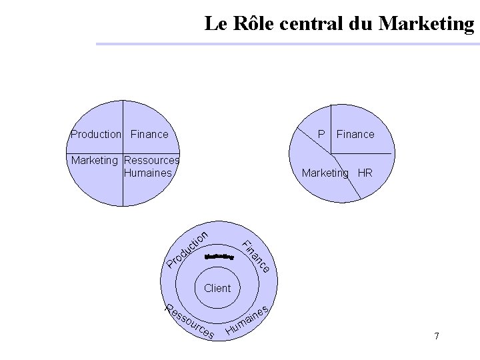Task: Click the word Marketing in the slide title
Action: [426, 24]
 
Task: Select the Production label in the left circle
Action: [96, 135]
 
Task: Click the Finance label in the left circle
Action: [149, 135]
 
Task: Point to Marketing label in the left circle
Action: [95, 160]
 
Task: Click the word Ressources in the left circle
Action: [151, 160]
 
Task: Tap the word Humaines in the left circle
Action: [147, 173]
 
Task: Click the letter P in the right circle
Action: [321, 134]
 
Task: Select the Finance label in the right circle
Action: [355, 134]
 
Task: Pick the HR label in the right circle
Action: [365, 173]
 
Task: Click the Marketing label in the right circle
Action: [325, 173]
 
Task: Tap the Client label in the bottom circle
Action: [217, 288]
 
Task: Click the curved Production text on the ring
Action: [189, 249]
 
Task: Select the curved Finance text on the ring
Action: [255, 256]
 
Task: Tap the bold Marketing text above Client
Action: [220, 256]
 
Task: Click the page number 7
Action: [437, 336]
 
